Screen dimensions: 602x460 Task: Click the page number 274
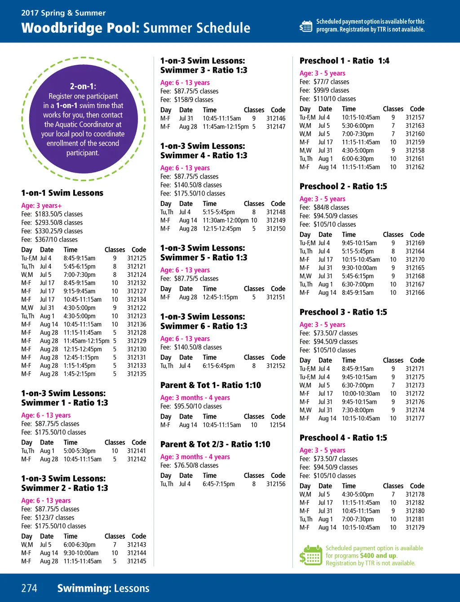[x=29, y=588]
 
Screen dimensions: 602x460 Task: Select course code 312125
[x=137, y=258]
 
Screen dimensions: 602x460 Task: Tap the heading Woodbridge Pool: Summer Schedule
[x=136, y=28]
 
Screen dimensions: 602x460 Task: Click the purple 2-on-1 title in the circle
[x=83, y=86]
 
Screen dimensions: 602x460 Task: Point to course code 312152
[x=276, y=366]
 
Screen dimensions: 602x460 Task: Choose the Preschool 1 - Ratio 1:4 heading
[x=344, y=61]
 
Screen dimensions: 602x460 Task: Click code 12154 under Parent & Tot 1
[x=277, y=425]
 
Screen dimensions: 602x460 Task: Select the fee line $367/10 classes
[x=49, y=240]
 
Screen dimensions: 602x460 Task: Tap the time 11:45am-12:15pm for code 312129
[x=86, y=341]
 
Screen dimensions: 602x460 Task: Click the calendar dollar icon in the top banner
[x=306, y=26]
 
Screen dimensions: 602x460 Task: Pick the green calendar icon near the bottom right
[x=310, y=555]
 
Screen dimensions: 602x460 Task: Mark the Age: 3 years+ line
[x=41, y=205]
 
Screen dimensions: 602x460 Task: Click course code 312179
[x=415, y=527]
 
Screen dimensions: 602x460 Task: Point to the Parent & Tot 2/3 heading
[x=215, y=444]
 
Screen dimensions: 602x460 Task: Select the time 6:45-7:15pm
[x=218, y=484]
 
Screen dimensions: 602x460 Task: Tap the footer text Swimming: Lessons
[x=103, y=588]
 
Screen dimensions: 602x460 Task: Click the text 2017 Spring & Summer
[x=63, y=13]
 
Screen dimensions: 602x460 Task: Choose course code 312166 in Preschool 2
[x=415, y=293]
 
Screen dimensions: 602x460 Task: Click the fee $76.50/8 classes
[x=190, y=465]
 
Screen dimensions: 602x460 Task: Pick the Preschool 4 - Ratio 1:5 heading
[x=343, y=438]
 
